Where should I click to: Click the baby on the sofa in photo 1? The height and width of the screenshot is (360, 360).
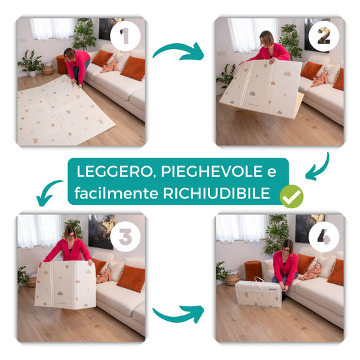(x=109, y=65)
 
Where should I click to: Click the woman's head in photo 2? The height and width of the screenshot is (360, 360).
(x=267, y=39)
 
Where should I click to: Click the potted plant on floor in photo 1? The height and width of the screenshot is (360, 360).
(x=31, y=63)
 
